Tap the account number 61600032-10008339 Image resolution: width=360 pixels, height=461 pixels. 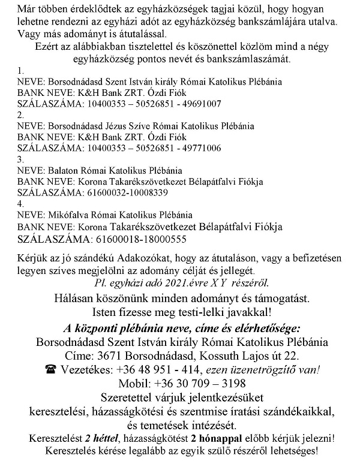pyautogui.click(x=122, y=193)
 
